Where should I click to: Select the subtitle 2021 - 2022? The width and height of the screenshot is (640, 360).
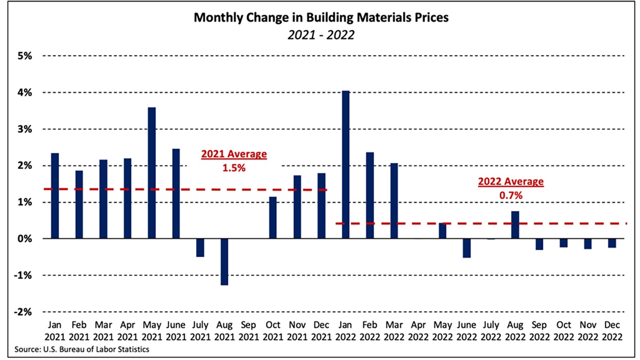click(320, 36)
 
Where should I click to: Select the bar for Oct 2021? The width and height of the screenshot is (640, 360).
click(272, 218)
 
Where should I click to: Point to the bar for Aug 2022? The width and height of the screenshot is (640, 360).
click(515, 225)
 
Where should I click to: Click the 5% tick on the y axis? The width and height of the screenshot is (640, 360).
click(24, 56)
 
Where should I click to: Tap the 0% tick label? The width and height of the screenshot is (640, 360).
click(24, 239)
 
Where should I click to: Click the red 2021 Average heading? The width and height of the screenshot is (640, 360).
click(234, 154)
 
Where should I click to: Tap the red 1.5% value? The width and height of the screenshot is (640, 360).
click(234, 168)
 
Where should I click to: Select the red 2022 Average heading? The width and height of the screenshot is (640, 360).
click(511, 182)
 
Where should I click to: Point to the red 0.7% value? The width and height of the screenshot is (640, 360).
click(511, 196)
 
